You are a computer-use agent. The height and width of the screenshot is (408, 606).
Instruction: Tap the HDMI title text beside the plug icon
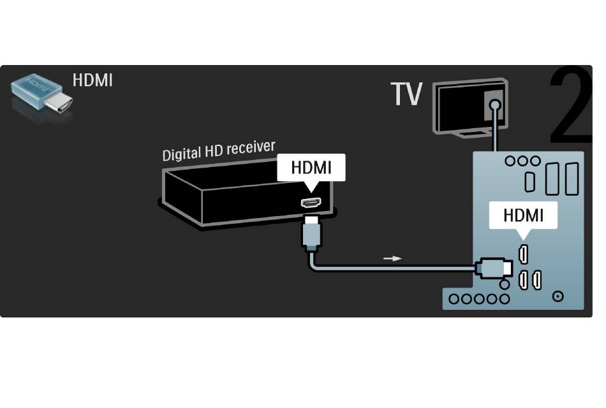(92, 80)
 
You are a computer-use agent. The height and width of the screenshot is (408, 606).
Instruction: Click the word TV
(406, 94)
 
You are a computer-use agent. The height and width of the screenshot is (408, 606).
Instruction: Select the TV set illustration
(470, 107)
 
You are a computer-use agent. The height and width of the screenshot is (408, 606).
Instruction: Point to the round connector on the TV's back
(494, 105)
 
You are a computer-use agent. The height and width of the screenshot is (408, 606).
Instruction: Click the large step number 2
(571, 105)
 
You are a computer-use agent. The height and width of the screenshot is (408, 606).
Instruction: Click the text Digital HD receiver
(219, 150)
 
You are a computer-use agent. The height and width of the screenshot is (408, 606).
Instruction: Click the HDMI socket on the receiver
(311, 203)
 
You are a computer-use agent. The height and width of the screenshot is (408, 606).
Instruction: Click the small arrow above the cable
(393, 258)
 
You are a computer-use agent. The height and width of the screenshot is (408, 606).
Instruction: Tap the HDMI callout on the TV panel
(523, 215)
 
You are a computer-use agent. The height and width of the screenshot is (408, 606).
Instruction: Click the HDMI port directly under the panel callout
(523, 254)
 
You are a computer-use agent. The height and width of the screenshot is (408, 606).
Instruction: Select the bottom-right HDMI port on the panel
(536, 280)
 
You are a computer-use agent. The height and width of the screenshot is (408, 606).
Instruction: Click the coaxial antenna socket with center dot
(558, 296)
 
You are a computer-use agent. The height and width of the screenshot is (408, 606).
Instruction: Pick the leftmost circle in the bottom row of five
(454, 298)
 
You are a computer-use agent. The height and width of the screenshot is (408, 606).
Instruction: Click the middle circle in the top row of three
(522, 161)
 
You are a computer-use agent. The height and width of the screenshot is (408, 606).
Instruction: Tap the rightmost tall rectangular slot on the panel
(572, 178)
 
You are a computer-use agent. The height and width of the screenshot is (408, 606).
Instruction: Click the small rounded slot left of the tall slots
(530, 182)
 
